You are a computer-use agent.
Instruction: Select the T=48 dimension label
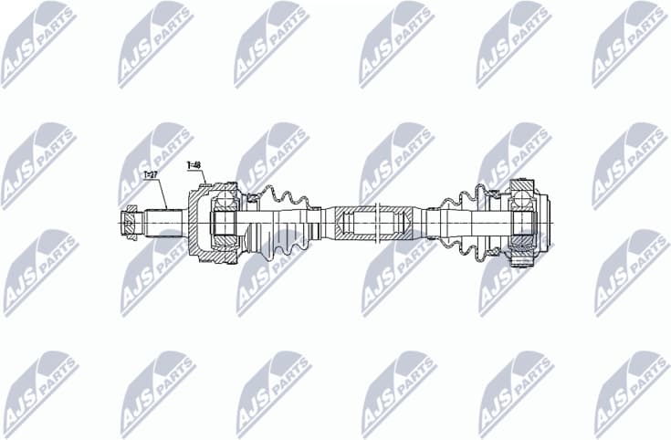coord(194,165)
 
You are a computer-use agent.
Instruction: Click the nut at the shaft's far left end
coord(131,223)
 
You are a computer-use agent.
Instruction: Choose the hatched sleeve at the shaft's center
coord(374,223)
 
